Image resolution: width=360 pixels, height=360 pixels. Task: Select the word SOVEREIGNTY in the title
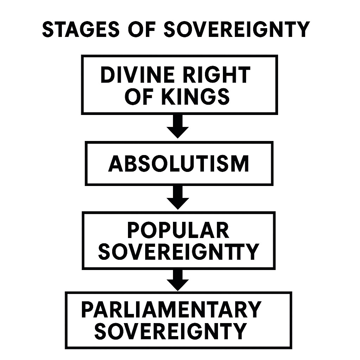coord(236,30)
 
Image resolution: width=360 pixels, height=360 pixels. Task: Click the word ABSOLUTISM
coord(179,164)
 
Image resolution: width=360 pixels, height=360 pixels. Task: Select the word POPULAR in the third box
coord(178,231)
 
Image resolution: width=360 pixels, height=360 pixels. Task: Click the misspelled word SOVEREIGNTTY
coord(178,251)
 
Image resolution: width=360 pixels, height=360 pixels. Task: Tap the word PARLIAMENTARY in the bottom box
coord(171,309)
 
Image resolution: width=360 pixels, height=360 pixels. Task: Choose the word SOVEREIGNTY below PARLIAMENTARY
coord(171,331)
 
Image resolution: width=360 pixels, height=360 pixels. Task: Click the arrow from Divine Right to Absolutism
coord(178,127)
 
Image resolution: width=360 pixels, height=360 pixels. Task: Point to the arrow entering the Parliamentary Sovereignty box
coord(178,280)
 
